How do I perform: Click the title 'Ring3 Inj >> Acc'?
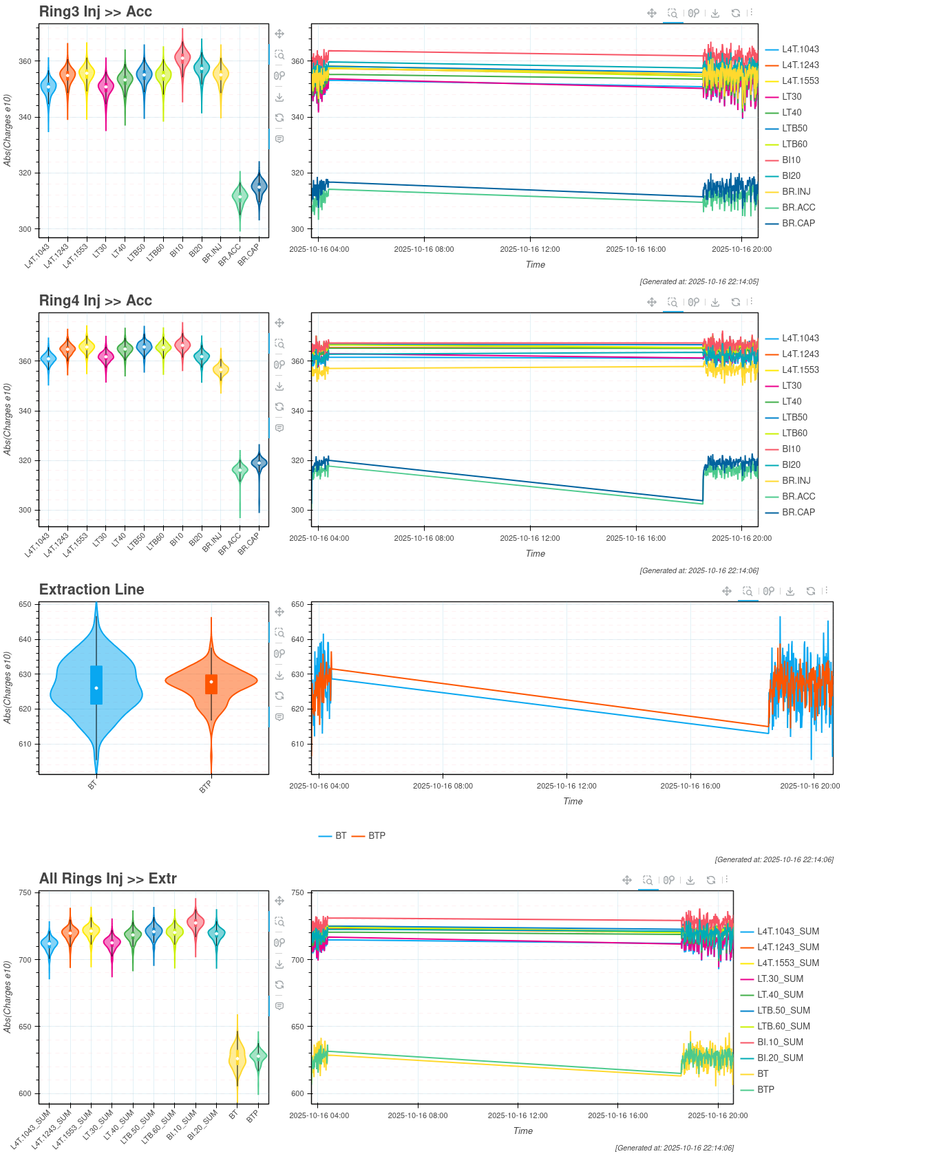(95, 12)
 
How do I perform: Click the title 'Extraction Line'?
(92, 590)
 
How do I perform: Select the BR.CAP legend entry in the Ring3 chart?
(798, 224)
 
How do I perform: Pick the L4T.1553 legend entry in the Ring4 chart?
(800, 370)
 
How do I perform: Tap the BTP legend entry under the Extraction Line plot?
(377, 836)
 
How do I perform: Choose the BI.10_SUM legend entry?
(780, 1042)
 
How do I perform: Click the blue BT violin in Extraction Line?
(96, 688)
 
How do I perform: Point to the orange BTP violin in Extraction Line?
(211, 681)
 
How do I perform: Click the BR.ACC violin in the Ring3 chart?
(240, 197)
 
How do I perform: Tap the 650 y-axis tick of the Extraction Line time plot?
(297, 605)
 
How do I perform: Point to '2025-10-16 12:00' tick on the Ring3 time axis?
(529, 249)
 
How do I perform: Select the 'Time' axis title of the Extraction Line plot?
(573, 802)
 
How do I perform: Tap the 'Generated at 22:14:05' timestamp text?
(699, 281)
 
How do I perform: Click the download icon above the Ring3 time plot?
(715, 13)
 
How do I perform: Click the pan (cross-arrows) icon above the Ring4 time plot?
(651, 302)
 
